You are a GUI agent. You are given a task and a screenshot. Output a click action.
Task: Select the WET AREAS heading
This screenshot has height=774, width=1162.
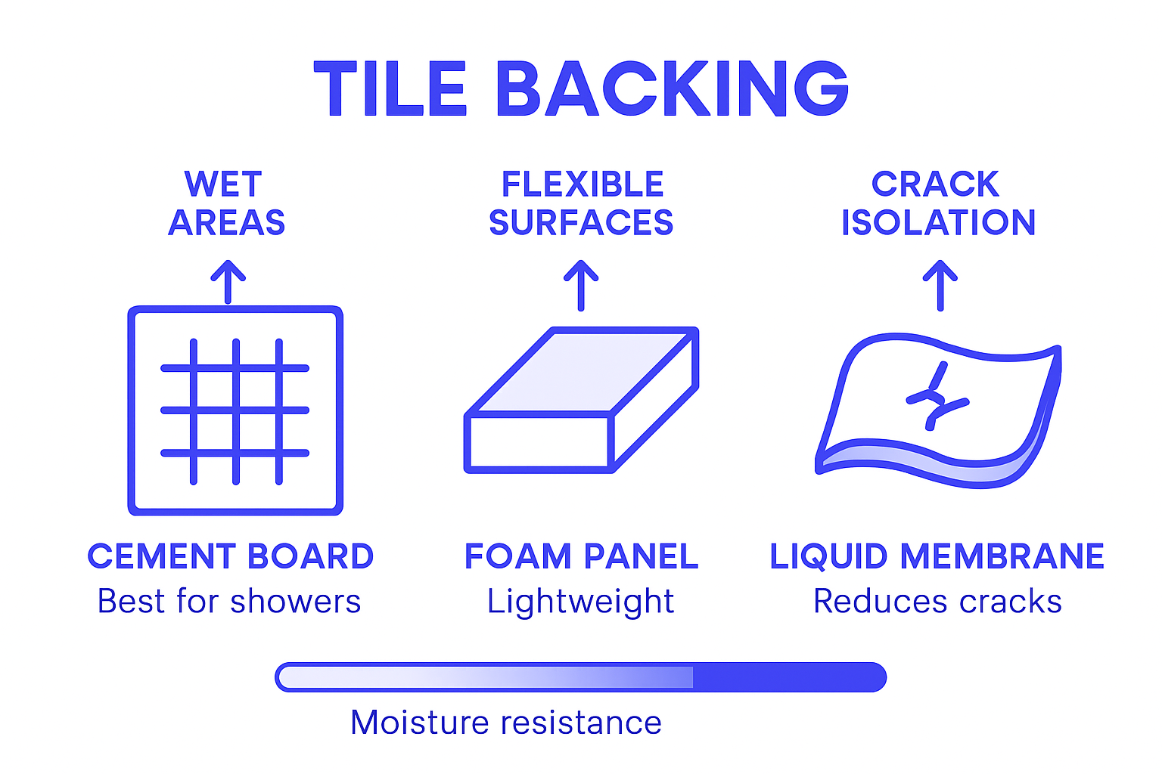(226, 203)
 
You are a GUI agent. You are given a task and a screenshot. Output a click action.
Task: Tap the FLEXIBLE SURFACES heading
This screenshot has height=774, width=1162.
(581, 203)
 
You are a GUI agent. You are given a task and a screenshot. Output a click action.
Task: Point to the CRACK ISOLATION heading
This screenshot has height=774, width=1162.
(938, 203)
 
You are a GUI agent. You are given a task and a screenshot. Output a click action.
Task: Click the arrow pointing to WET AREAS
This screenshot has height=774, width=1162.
(228, 282)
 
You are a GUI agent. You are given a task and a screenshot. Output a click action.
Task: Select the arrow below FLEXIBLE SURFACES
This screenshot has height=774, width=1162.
(581, 285)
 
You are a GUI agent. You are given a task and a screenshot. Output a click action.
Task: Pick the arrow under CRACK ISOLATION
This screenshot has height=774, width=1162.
(940, 285)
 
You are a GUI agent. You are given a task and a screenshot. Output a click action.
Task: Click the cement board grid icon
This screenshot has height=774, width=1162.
(235, 410)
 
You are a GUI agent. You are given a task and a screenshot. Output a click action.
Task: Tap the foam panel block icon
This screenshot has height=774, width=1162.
(580, 401)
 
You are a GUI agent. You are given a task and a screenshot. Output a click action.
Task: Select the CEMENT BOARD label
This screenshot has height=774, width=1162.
(231, 556)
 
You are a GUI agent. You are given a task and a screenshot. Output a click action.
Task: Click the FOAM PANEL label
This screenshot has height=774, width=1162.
(581, 556)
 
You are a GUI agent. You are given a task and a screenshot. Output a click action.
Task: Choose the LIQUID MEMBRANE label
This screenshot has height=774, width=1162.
(937, 556)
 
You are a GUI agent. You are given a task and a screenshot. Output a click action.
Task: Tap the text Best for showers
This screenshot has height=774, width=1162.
(229, 602)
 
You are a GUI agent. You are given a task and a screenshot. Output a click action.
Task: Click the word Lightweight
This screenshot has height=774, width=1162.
(580, 602)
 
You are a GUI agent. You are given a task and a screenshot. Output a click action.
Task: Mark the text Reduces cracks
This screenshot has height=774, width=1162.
(937, 602)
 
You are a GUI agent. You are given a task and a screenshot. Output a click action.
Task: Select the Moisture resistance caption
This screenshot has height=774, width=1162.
(506, 723)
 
